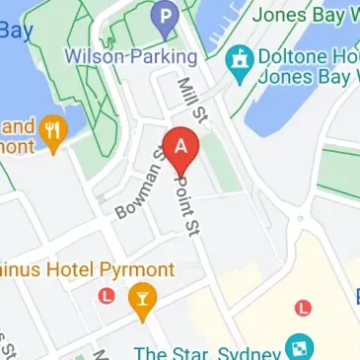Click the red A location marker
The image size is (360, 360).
(x=180, y=148)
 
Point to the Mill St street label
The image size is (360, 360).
(x=185, y=103)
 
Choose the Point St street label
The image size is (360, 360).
(x=184, y=202)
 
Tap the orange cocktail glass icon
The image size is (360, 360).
(x=143, y=301)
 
